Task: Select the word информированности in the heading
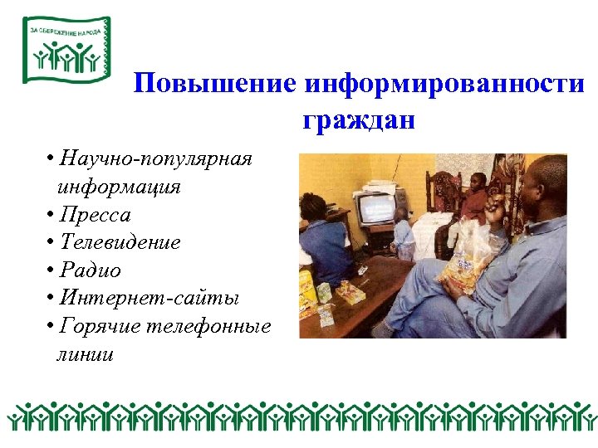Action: click(x=444, y=85)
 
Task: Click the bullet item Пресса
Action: click(x=96, y=215)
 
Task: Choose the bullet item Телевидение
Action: click(x=120, y=243)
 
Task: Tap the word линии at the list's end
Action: click(x=86, y=354)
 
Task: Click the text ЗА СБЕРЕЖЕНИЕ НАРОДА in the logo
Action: click(x=65, y=31)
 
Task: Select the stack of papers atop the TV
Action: click(x=379, y=185)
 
